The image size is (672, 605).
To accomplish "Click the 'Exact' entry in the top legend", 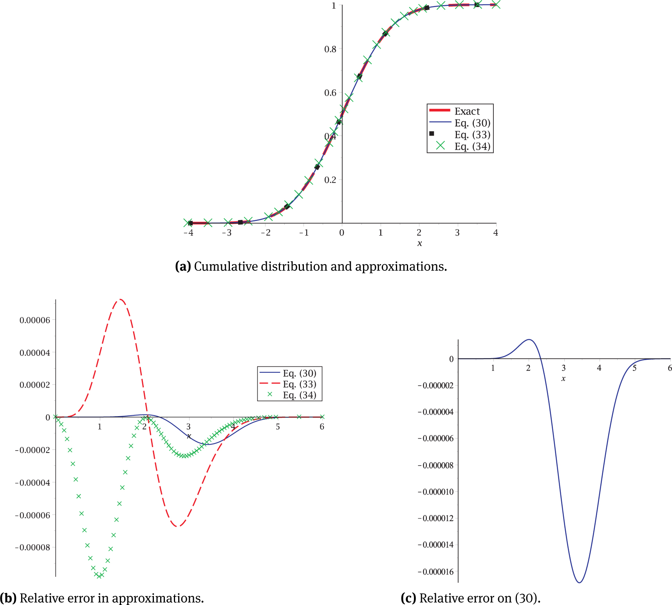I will [467, 111].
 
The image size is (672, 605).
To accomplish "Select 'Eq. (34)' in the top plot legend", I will [472, 147].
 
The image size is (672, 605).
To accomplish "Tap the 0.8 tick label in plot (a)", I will [330, 49].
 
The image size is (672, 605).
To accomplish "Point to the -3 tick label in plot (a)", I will [227, 233].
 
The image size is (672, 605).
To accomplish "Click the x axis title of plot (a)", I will [419, 243].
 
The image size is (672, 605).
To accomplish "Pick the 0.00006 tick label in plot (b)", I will [35, 320].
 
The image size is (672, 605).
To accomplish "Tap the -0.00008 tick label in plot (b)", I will [33, 547].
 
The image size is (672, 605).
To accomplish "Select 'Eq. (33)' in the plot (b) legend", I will [300, 384].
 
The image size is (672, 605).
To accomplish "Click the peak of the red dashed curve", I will [121, 300].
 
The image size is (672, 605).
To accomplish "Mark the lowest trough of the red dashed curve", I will [178, 526].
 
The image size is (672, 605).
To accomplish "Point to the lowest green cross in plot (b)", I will [100, 576].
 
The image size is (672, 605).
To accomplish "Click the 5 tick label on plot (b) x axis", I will [278, 427].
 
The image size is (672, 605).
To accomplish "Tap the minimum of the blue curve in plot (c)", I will [579, 583].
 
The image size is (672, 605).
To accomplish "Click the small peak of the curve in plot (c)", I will [529, 339].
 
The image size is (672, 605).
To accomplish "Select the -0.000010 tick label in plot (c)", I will [436, 492].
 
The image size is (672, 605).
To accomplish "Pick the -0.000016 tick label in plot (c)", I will [436, 572].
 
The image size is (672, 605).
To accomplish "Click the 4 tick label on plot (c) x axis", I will [599, 368].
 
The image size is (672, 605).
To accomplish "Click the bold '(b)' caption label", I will [8, 598].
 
